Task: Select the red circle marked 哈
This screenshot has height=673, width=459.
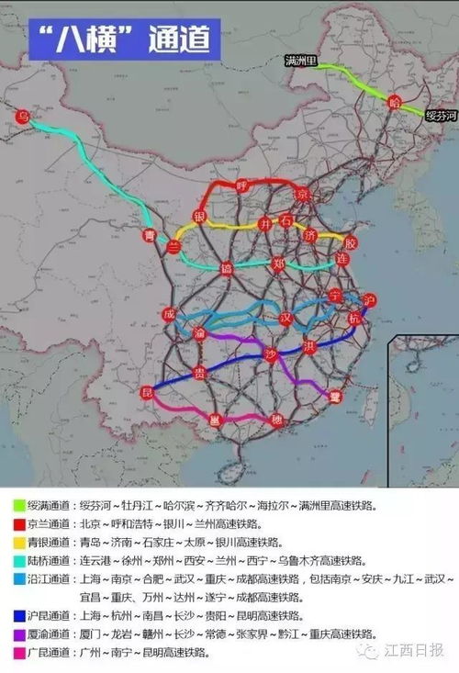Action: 395,100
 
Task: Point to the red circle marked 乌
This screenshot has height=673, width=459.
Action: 24,116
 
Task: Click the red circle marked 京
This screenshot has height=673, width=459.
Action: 302,194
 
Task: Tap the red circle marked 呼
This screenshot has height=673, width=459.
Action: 243,185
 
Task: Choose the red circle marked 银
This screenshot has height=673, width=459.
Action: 199,217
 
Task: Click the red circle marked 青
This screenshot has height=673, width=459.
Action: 151,236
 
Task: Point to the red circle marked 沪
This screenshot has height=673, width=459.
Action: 369,300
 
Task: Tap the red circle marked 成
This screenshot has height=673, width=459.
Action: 168,314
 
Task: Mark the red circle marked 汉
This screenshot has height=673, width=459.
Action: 285,319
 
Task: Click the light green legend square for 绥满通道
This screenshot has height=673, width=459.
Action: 17,505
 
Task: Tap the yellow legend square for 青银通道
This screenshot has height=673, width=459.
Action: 17,542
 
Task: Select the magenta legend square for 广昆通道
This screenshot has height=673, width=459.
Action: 17,652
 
